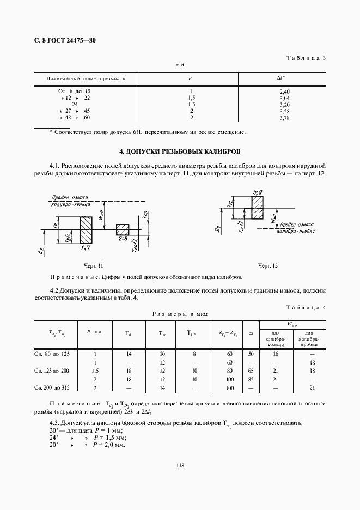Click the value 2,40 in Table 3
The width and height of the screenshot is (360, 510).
pyautogui.click(x=283, y=92)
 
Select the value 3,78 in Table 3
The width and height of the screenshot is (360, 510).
pyautogui.click(x=283, y=117)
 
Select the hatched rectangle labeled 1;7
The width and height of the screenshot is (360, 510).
pyautogui.click(x=86, y=230)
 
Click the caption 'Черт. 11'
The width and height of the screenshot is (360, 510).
pyautogui.click(x=93, y=265)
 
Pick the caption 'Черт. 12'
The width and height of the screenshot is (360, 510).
pyautogui.click(x=267, y=265)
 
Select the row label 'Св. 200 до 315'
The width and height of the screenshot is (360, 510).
pyautogui.click(x=56, y=387)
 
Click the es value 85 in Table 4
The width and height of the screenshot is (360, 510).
pyautogui.click(x=251, y=379)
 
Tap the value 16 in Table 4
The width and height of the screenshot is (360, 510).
pyautogui.click(x=275, y=354)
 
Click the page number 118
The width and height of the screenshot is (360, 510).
pyautogui.click(x=180, y=465)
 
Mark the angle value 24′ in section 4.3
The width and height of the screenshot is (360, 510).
pyautogui.click(x=53, y=438)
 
